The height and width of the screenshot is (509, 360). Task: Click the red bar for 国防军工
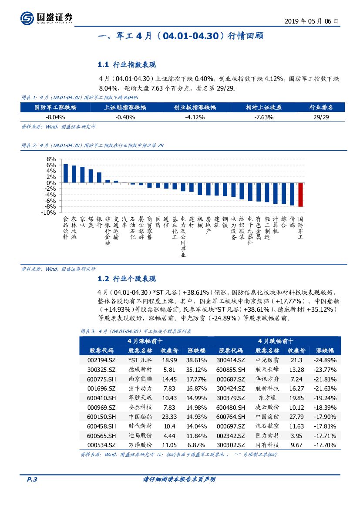tap(300, 195)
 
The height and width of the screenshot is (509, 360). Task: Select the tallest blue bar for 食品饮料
tap(66, 173)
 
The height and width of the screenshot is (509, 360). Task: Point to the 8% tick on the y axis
tap(51, 159)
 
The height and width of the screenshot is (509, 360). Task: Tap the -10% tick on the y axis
tap(49, 212)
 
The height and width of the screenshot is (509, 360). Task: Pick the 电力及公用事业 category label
tap(183, 237)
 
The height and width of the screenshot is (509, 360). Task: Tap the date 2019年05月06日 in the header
tap(311, 21)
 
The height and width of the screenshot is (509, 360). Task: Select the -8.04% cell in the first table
tap(55, 117)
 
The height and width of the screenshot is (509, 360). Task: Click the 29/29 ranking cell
tap(321, 117)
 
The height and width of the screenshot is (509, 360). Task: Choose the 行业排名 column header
tap(321, 108)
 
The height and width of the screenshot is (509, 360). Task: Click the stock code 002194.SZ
tap(101, 360)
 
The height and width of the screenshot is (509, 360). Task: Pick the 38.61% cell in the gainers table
tap(196, 360)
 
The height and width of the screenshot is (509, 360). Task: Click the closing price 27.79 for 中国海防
tap(296, 417)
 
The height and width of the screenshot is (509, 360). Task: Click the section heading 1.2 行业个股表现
tap(127, 279)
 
